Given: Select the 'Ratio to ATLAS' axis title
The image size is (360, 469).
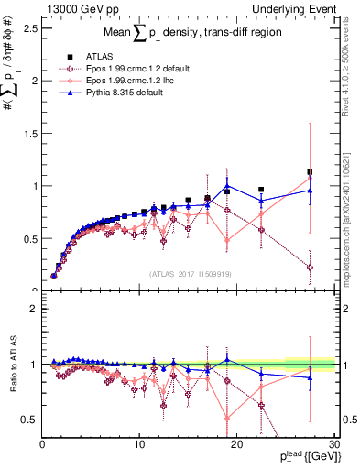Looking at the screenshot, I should coord(14,364).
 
